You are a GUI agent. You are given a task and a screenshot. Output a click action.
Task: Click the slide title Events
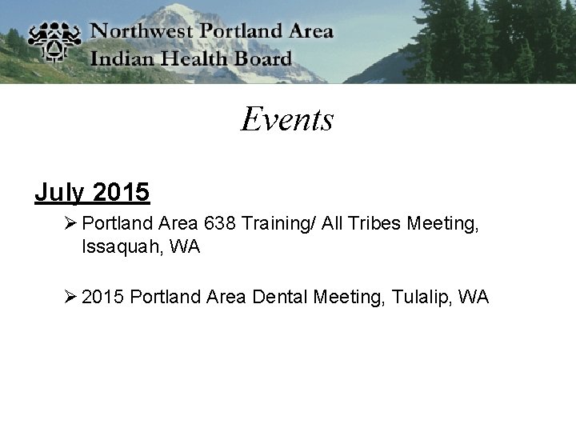pyautogui.click(x=287, y=119)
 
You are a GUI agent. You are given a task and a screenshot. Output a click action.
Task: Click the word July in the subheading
pyautogui.click(x=60, y=193)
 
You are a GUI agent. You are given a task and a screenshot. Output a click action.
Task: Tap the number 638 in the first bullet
pyautogui.click(x=220, y=224)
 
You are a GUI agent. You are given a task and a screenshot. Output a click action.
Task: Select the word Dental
pyautogui.click(x=280, y=298)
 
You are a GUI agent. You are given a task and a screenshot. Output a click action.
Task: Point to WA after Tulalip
pyautogui.click(x=474, y=298)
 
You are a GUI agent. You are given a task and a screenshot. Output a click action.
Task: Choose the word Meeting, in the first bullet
pyautogui.click(x=442, y=224)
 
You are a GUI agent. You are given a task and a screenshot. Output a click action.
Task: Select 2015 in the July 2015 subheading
pyautogui.click(x=121, y=193)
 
